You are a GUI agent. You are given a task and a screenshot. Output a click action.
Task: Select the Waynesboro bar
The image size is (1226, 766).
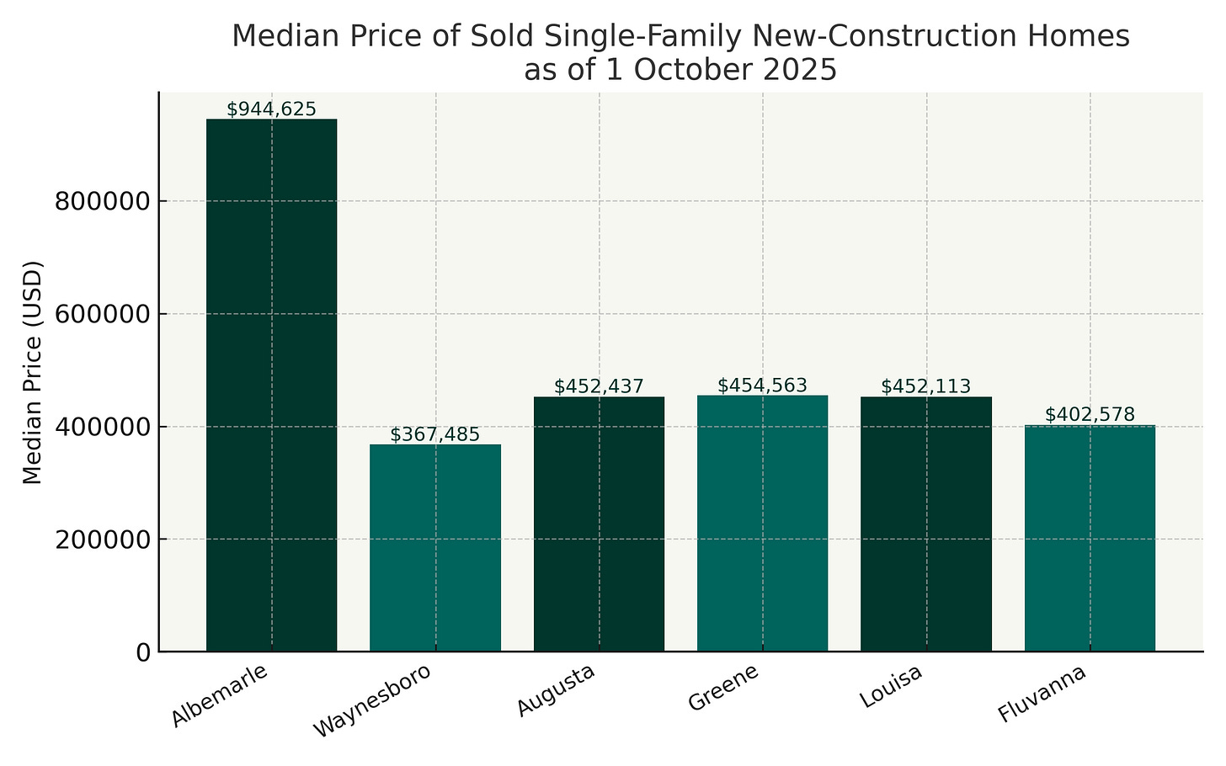435,547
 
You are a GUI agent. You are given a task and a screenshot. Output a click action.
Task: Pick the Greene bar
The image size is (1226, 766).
763,523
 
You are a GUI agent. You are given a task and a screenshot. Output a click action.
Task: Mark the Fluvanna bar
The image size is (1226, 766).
1090,538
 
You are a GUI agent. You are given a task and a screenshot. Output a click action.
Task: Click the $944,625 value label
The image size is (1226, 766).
271,109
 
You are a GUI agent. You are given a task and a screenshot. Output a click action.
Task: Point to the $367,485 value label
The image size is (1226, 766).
435,434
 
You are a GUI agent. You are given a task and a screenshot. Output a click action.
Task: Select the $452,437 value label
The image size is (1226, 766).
599,386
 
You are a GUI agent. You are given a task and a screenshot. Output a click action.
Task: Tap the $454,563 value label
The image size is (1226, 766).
763,386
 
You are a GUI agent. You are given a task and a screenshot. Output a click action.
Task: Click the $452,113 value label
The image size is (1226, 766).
926,386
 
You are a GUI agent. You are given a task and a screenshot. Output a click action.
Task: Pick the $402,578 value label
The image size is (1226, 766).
1090,414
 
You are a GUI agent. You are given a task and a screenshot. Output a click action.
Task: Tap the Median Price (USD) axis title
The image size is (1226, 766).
32,372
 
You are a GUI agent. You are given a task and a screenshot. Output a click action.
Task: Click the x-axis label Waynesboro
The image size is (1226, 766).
371,701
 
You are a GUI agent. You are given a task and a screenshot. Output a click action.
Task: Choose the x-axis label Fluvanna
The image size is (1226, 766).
1041,694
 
